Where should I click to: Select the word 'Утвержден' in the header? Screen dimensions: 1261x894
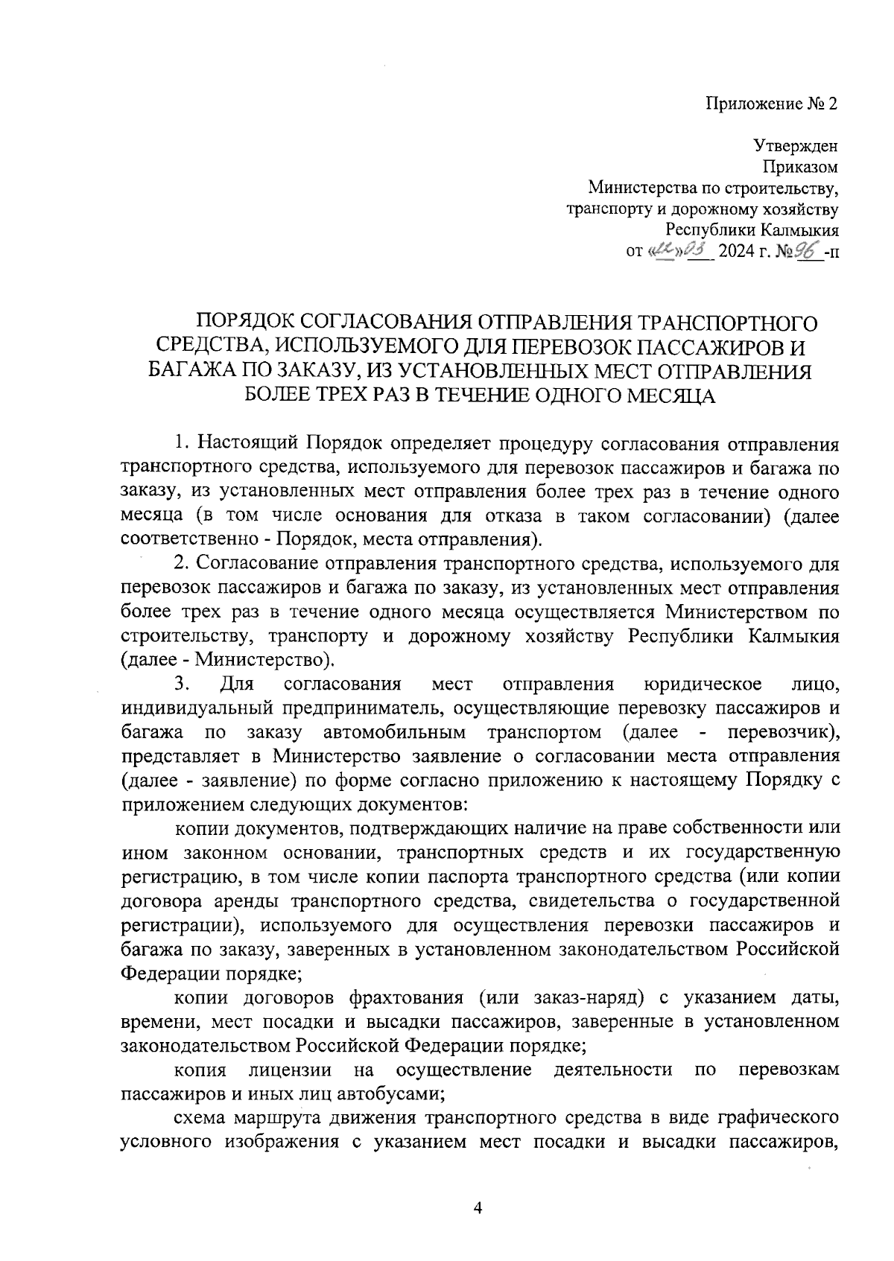tap(796, 146)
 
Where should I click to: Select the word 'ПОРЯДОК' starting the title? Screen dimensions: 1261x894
tap(245, 323)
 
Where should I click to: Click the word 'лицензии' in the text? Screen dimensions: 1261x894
tap(291, 1070)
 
